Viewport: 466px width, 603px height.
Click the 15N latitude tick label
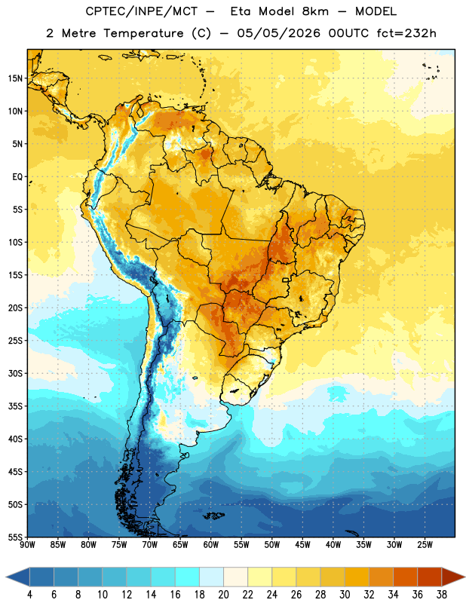coord(15,78)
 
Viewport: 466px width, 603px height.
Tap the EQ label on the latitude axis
coord(17,177)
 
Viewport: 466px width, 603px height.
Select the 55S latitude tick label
coord(15,537)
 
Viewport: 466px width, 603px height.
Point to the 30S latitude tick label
coord(15,373)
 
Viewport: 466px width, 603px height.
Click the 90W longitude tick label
coord(27,545)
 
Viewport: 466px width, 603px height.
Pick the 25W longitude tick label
coord(425,545)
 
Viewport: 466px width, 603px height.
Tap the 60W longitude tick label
coord(211,545)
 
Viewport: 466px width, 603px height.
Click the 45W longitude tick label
coord(302,545)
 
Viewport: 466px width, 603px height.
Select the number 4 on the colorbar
coord(29,595)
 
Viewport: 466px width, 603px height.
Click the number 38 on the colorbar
coord(442,595)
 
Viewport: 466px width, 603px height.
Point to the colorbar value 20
coord(223,595)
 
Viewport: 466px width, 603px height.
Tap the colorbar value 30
coord(345,595)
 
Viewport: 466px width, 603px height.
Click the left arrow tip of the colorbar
coord(6,577)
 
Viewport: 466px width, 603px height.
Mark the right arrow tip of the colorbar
coord(465,577)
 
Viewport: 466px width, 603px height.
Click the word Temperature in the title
coord(143,33)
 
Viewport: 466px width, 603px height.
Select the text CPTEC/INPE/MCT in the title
coord(142,11)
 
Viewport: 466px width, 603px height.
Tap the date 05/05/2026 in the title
coord(278,33)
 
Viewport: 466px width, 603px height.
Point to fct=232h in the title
coord(406,33)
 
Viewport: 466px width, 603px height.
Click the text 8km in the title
coord(315,11)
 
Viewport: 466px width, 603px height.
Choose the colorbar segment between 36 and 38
coord(430,577)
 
